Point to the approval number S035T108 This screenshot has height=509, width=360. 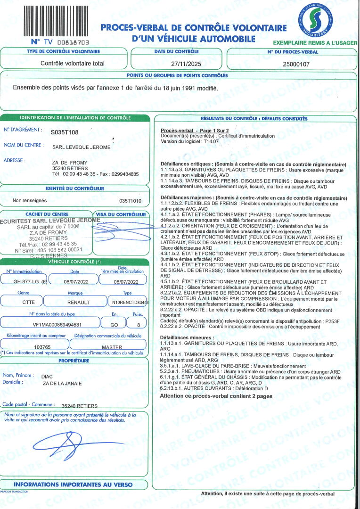tap(65, 132)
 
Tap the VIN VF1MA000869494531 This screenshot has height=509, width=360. tap(50, 324)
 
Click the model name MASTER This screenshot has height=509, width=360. tap(112, 347)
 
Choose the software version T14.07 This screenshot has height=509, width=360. tap(211, 141)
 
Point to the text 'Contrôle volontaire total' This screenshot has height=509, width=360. tap(73, 63)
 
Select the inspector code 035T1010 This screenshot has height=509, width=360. tap(131, 200)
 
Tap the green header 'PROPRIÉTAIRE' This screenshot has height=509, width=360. tap(74, 361)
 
